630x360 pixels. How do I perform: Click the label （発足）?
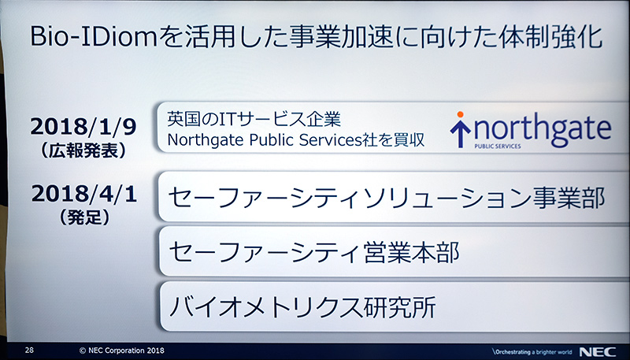click(79, 213)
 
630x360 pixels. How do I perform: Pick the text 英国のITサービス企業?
click(253, 120)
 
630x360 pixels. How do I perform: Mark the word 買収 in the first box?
click(409, 141)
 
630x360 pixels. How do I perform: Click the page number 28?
click(29, 348)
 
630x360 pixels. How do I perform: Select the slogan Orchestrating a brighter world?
click(530, 349)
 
